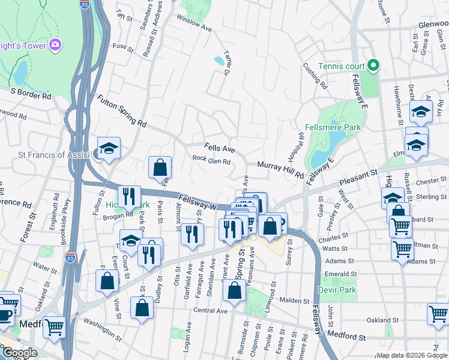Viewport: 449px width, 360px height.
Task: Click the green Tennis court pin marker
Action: point(372,65)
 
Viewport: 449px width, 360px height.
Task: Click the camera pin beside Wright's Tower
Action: point(56,45)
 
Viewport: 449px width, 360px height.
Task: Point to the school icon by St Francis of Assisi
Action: point(109,148)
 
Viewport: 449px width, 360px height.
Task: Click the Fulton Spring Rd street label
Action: point(122,113)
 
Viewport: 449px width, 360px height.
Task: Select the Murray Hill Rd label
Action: point(280,169)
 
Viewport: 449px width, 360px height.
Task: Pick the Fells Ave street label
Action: point(218,147)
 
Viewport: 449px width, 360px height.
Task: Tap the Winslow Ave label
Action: point(194,23)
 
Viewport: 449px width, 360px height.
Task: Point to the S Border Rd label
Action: point(31,94)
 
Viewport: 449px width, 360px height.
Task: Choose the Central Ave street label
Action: point(211,311)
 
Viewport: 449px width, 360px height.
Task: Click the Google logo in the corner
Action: point(19,353)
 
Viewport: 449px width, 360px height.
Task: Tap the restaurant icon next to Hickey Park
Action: point(129,196)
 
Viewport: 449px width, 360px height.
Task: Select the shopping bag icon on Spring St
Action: point(235,291)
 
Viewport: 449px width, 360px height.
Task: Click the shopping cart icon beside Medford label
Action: point(54,327)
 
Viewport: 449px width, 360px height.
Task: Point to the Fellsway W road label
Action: point(196,202)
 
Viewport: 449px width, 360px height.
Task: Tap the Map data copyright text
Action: point(411,355)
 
